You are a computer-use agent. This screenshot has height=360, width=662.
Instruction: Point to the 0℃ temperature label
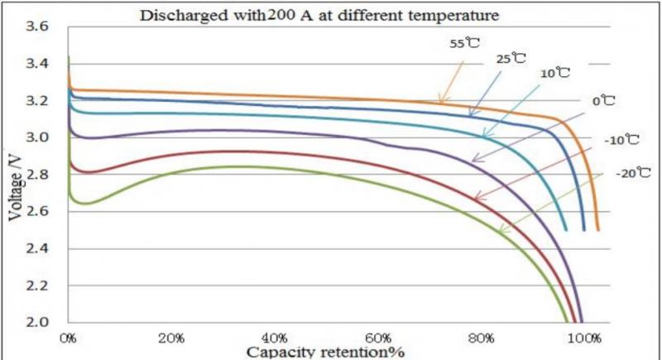tap(602, 101)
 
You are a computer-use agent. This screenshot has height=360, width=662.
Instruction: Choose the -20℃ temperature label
tap(633, 173)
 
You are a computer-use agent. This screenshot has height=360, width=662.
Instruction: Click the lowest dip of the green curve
tap(83, 203)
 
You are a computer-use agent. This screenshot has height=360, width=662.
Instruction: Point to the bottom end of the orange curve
tap(597, 229)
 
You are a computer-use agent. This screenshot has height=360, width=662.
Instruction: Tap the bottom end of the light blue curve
tap(566, 229)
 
